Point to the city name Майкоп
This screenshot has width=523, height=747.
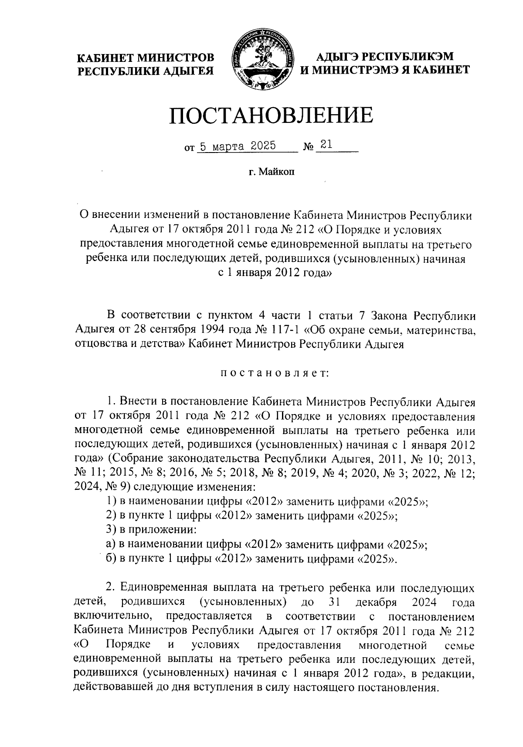click(x=278, y=172)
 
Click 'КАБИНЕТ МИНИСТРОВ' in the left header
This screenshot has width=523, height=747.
click(x=146, y=58)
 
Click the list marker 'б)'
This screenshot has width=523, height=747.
click(x=111, y=559)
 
